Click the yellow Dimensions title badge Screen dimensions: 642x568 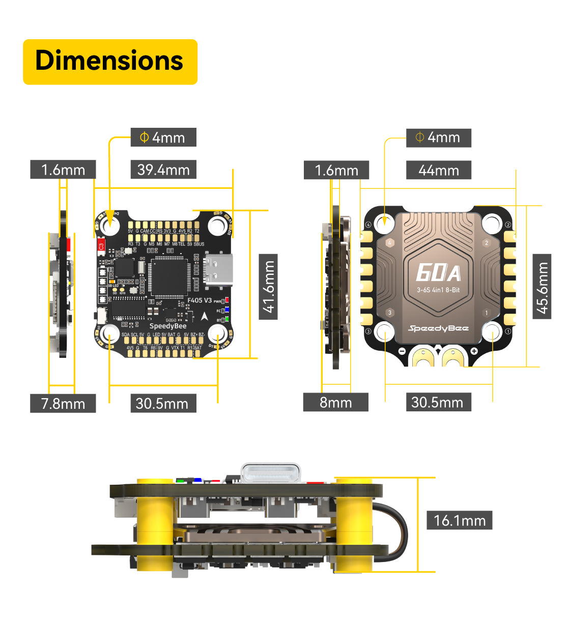coord(110,62)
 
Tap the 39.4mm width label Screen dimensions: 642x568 coord(163,170)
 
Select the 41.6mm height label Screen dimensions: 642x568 coord(268,287)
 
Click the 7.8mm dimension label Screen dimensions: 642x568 coord(63,404)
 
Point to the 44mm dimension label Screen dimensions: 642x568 coord(438,171)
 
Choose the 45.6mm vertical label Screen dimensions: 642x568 coord(542,287)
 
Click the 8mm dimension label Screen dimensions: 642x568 coord(335,403)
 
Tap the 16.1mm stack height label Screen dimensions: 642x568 coord(459,520)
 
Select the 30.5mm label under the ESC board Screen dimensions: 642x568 coord(438,402)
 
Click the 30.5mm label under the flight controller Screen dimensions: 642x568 coord(163,404)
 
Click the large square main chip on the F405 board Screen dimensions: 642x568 coord(167,277)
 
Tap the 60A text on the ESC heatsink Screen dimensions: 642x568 coord(438,273)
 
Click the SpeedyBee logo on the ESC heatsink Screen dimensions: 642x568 coord(438,328)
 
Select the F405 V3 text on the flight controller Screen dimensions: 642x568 coord(200,300)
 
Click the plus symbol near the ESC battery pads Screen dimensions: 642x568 coord(474,351)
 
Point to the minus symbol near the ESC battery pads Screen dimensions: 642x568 coord(402,351)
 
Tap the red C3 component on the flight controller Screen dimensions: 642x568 coord(101,245)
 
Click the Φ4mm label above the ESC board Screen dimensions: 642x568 coord(438,137)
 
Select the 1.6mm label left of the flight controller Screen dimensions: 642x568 coord(63,170)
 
